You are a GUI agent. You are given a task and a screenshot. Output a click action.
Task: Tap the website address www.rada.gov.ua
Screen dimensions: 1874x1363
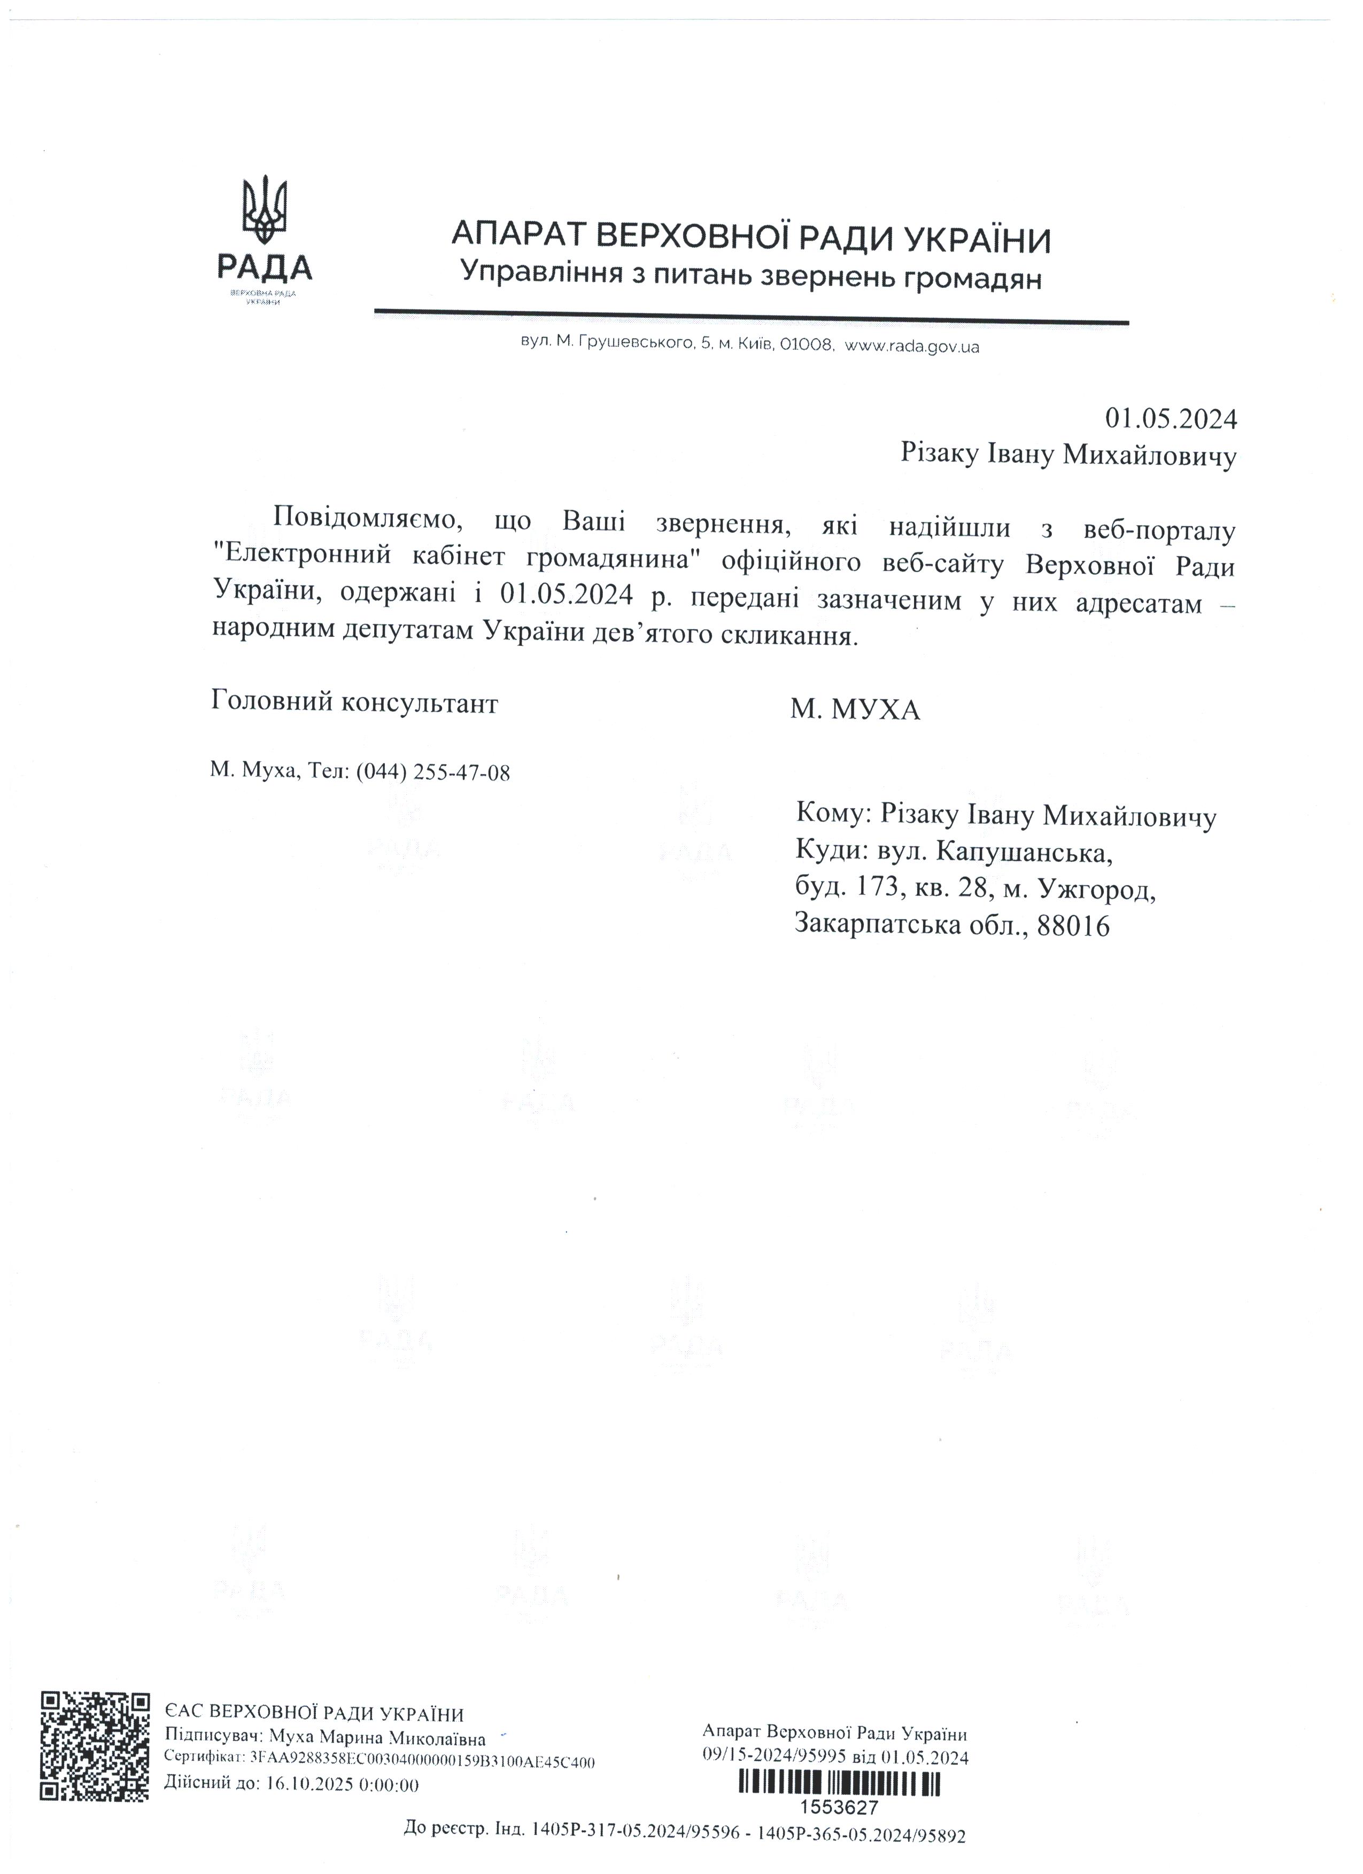tap(913, 347)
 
